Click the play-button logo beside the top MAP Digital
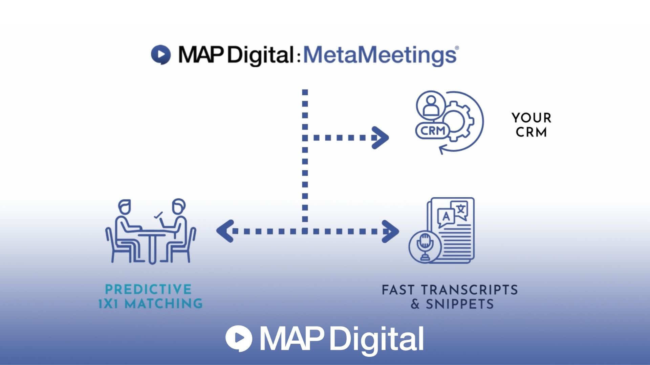(x=160, y=54)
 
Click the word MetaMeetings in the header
(x=380, y=55)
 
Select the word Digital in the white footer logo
(x=376, y=339)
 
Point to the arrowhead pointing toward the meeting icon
(x=225, y=231)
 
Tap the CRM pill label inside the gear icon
(x=433, y=130)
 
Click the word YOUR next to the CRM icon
(x=531, y=118)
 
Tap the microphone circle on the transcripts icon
(x=425, y=246)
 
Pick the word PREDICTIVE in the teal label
(x=148, y=289)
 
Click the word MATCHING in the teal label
(x=164, y=303)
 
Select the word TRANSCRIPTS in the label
(x=469, y=290)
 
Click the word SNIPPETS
(x=459, y=304)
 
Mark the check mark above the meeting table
(x=158, y=215)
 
